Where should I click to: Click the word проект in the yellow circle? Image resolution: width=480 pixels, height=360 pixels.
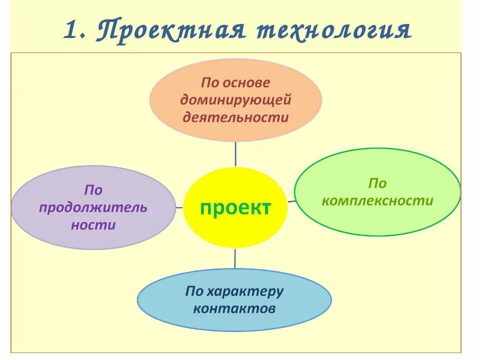(x=235, y=207)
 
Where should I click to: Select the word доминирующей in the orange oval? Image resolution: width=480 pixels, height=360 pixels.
(x=236, y=100)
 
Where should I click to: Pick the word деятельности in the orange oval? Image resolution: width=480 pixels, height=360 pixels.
(x=236, y=117)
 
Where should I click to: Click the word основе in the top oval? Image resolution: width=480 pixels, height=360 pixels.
(x=247, y=82)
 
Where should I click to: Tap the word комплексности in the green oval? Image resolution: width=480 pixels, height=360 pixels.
(x=377, y=200)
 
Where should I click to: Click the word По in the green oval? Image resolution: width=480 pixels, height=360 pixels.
(x=377, y=183)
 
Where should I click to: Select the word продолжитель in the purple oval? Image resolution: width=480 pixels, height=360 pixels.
(x=93, y=207)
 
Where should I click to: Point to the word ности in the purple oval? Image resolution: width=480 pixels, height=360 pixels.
(x=93, y=225)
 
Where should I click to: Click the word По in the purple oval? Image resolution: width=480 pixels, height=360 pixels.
(x=93, y=190)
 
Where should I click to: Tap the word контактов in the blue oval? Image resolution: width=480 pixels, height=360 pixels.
(x=234, y=308)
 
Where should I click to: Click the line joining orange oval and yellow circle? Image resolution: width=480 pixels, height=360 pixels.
(x=235, y=153)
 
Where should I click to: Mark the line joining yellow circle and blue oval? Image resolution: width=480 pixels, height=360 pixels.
(x=235, y=258)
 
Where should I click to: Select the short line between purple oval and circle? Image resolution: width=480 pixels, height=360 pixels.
(x=179, y=207)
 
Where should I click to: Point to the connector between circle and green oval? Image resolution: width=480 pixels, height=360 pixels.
(x=291, y=201)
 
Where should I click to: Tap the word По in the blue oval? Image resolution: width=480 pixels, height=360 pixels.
(x=194, y=291)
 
